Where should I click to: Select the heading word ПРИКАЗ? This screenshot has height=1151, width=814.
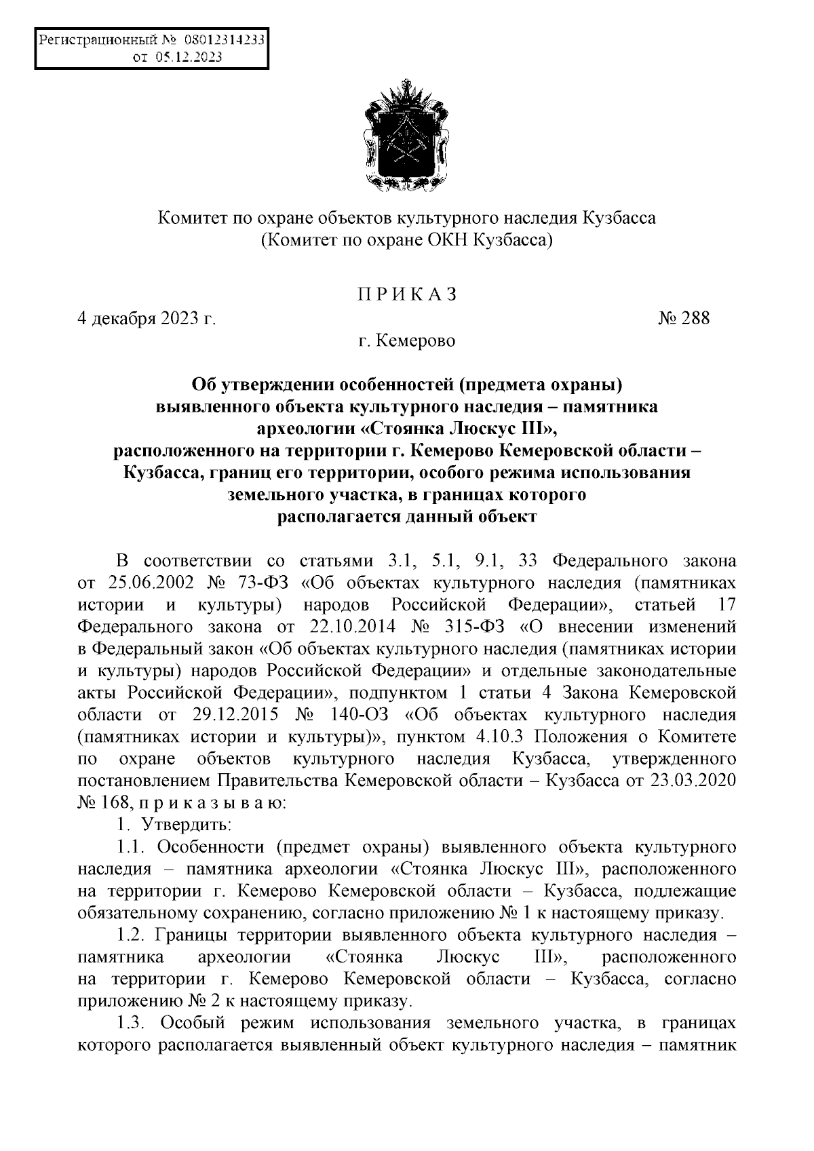coord(407,294)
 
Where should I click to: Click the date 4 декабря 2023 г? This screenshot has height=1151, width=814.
coord(147,317)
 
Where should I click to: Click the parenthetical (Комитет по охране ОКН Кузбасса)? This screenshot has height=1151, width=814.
coord(407,239)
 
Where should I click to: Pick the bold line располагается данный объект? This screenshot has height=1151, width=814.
coord(407,517)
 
